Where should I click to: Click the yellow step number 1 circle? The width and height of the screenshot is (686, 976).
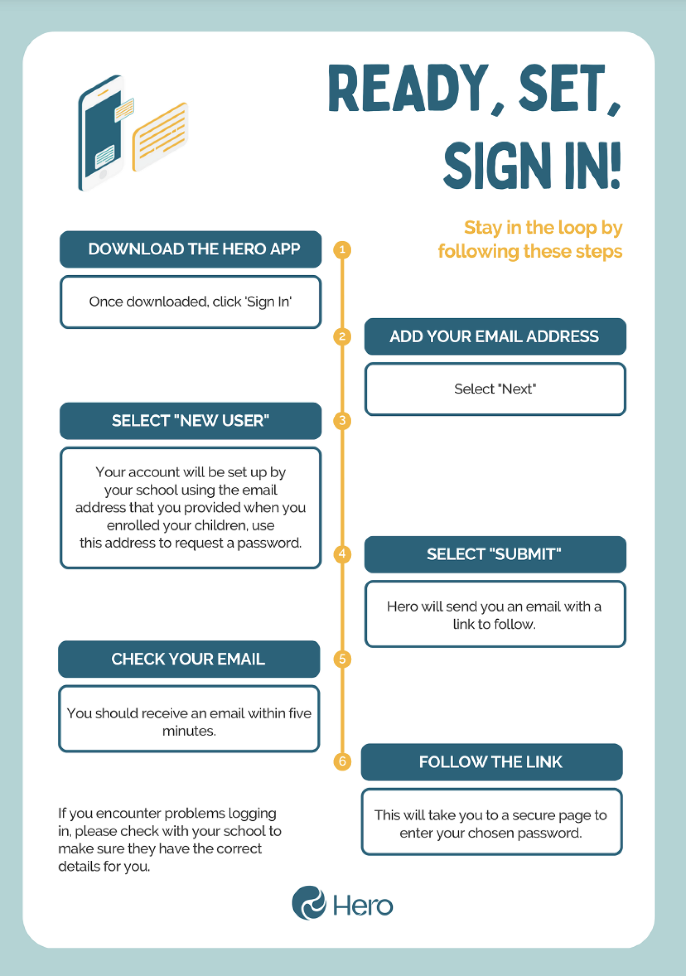pyautogui.click(x=342, y=249)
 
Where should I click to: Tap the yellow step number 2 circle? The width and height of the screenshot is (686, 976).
pyautogui.click(x=342, y=336)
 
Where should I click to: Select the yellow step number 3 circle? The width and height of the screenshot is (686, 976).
pyautogui.click(x=342, y=421)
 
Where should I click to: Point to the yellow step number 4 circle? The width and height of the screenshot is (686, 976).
pyautogui.click(x=342, y=554)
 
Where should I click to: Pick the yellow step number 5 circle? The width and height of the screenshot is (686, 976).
pyautogui.click(x=342, y=659)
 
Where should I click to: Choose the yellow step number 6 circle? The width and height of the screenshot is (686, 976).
pyautogui.click(x=342, y=761)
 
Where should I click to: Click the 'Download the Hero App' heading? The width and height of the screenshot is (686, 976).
pyautogui.click(x=194, y=249)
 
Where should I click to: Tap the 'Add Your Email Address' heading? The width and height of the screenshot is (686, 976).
pyautogui.click(x=494, y=337)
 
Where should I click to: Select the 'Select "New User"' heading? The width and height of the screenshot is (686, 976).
pyautogui.click(x=190, y=421)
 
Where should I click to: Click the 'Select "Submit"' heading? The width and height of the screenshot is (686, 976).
pyautogui.click(x=494, y=554)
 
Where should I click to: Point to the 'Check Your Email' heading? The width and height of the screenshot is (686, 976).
pyautogui.click(x=188, y=659)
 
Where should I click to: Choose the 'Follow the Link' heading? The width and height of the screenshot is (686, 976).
pyautogui.click(x=491, y=762)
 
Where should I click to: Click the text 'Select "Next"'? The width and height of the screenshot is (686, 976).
pyautogui.click(x=495, y=389)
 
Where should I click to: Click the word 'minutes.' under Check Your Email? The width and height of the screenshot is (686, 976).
pyautogui.click(x=189, y=731)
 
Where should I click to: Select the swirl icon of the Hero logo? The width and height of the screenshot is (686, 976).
pyautogui.click(x=309, y=903)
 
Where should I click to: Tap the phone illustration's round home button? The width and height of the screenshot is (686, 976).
pyautogui.click(x=103, y=174)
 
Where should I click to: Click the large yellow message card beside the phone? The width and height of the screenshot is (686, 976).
pyautogui.click(x=160, y=137)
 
